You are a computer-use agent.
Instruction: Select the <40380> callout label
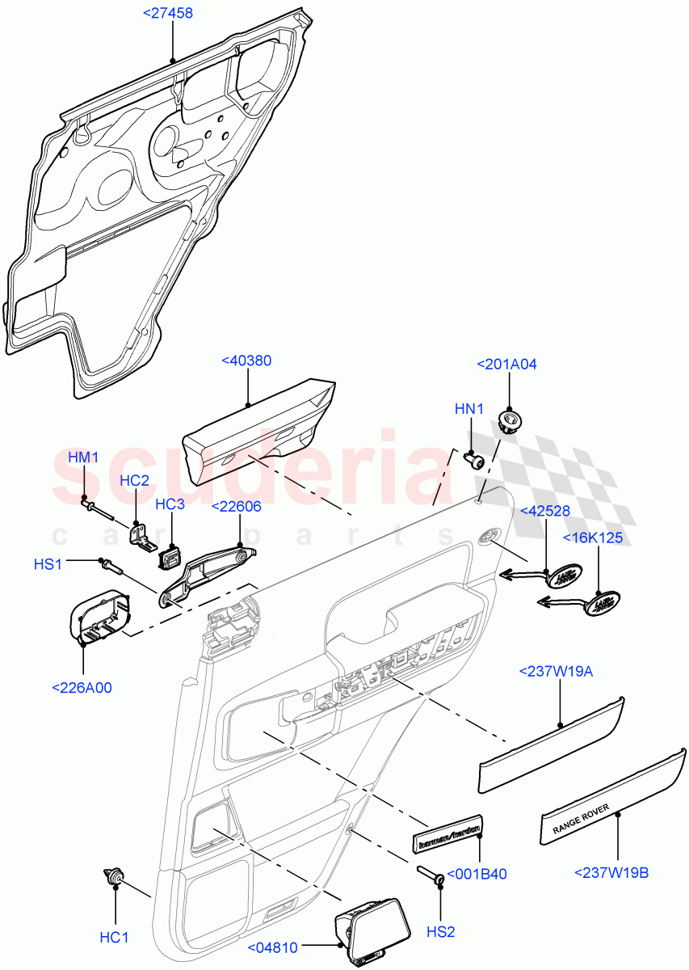point(246,361)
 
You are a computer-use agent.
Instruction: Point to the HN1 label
point(469,409)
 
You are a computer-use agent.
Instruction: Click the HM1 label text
point(83,458)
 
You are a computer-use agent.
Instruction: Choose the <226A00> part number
point(82,688)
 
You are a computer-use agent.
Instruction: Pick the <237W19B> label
point(611,871)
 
